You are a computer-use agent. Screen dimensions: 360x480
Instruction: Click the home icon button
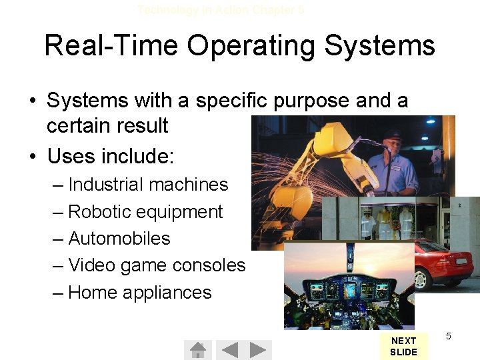[197, 349]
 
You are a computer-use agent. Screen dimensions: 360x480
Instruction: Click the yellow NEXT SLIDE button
[403, 346]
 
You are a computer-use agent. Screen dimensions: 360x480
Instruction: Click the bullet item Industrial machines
[148, 185]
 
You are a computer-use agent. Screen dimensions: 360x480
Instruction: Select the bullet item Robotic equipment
[145, 212]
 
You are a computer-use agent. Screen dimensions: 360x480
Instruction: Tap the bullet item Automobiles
[119, 239]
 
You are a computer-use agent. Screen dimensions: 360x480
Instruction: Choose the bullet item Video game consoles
[157, 265]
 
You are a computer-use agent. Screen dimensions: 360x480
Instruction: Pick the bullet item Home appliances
[139, 293]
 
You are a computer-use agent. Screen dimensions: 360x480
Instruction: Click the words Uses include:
[111, 157]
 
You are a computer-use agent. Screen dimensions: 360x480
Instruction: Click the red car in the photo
[443, 263]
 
